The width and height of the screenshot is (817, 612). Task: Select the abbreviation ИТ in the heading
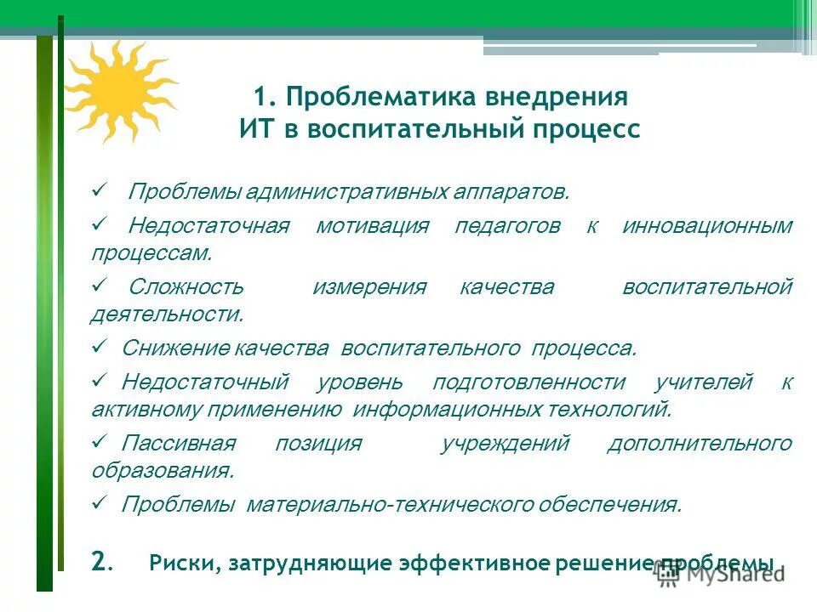260,130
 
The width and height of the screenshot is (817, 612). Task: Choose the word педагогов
507,226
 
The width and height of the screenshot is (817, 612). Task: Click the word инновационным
707,226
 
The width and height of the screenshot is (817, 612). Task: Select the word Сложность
186,286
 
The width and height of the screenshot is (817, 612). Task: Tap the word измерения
369,286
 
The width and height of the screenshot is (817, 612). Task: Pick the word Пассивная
178,443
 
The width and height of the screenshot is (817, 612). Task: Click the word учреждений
506,443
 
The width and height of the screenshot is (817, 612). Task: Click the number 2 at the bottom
99,561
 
